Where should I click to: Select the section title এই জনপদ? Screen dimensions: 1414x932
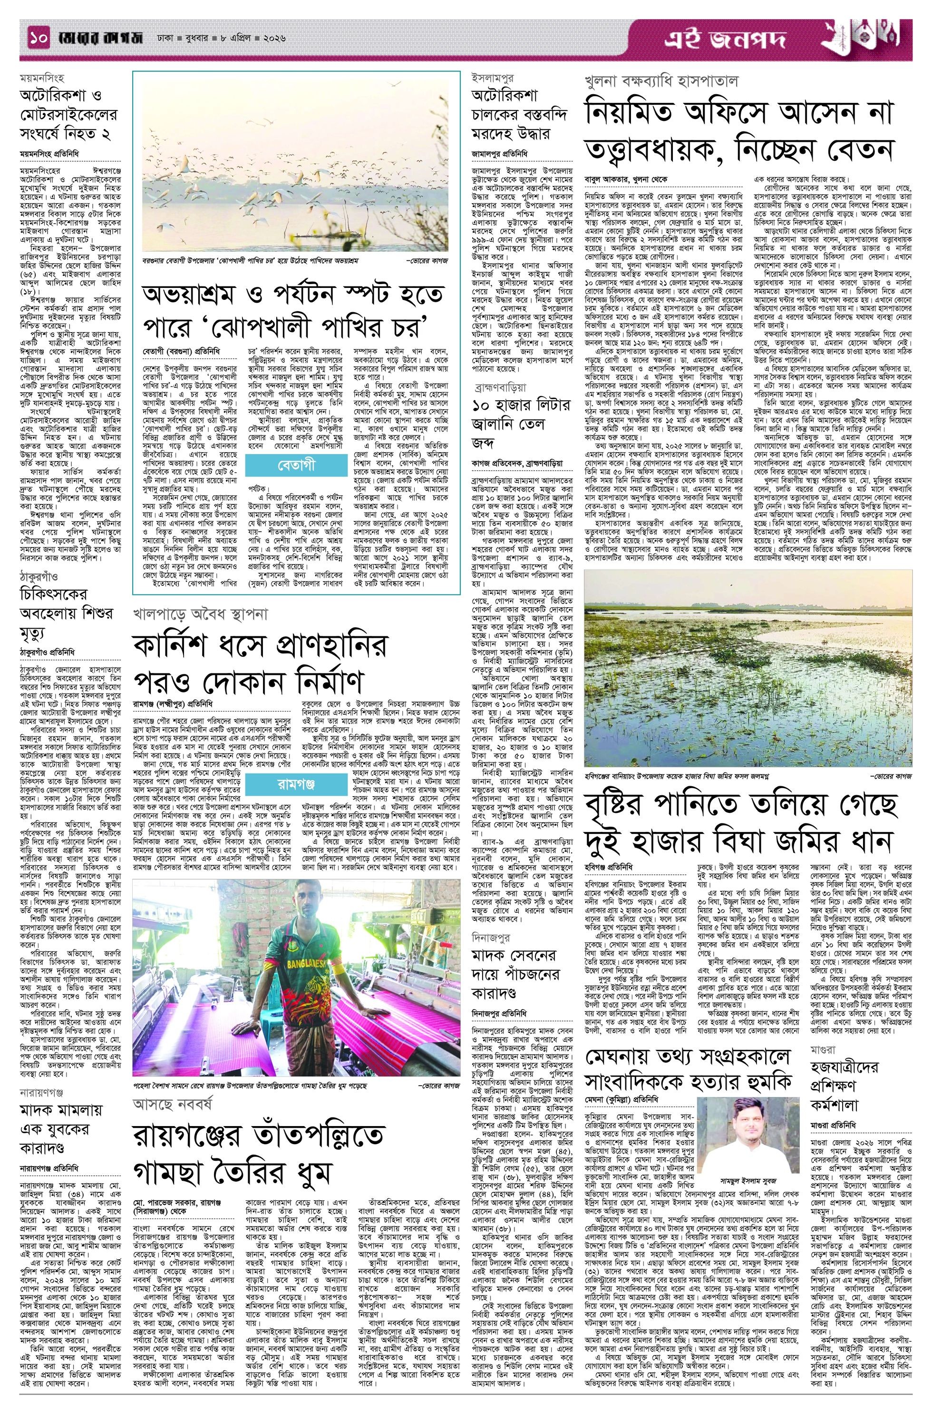coord(725,41)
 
